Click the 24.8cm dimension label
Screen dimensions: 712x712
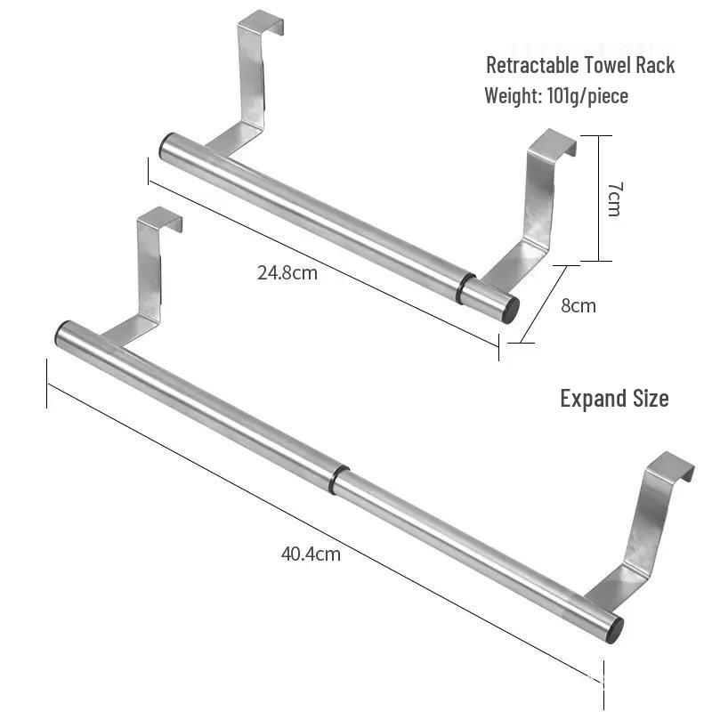pyautogui.click(x=287, y=272)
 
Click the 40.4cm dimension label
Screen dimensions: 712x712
pyautogui.click(x=311, y=554)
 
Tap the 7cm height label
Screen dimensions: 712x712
pyautogui.click(x=614, y=198)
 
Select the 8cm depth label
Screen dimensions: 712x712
pyautogui.click(x=578, y=305)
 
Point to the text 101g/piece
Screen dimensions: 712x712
pyautogui.click(x=587, y=95)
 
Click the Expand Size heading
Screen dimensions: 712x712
pyautogui.click(x=614, y=398)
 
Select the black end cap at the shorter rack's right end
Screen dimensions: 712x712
pyautogui.click(x=512, y=310)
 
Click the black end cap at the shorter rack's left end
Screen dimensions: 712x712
pyautogui.click(x=165, y=146)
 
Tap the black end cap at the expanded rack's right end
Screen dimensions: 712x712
pyautogui.click(x=614, y=627)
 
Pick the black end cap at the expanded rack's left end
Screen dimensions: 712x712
pyautogui.click(x=61, y=335)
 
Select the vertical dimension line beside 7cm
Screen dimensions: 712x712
pyautogui.click(x=599, y=198)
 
